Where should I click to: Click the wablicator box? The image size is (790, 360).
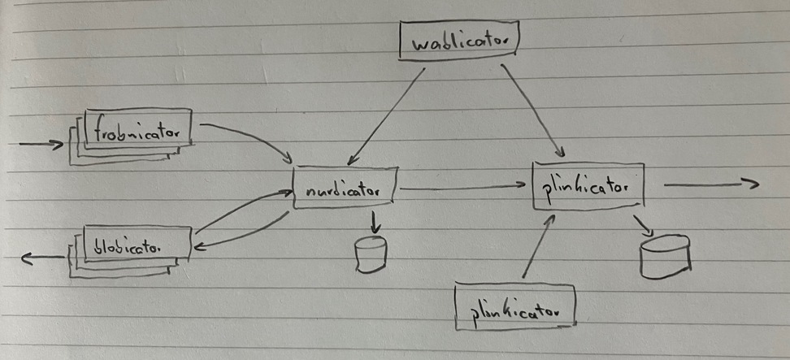pyautogui.click(x=459, y=41)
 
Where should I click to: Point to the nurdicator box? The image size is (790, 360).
pyautogui.click(x=345, y=189)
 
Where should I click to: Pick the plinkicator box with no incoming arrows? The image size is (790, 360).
pyautogui.click(x=517, y=309)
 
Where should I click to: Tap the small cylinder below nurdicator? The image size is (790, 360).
pyautogui.click(x=371, y=254)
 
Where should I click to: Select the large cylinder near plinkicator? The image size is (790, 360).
pyautogui.click(x=665, y=257)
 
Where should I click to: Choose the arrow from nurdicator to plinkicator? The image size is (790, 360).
pyautogui.click(x=463, y=189)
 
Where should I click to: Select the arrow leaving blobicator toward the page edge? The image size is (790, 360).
pyautogui.click(x=42, y=258)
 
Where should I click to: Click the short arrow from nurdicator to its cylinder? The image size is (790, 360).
pyautogui.click(x=374, y=222)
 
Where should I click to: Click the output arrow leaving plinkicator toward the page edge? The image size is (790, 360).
pyautogui.click(x=710, y=185)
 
